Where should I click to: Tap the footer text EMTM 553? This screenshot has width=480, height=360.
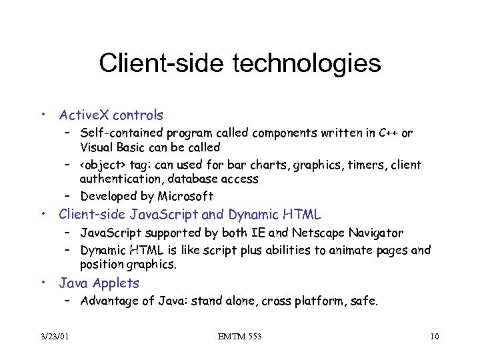tap(239, 337)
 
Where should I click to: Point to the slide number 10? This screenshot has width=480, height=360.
tap(434, 337)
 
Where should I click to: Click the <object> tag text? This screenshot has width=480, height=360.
tap(105, 165)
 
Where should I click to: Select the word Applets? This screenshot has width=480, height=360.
tap(117, 283)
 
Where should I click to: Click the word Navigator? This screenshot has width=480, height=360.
tap(378, 233)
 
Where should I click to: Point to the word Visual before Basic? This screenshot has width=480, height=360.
tap(97, 147)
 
